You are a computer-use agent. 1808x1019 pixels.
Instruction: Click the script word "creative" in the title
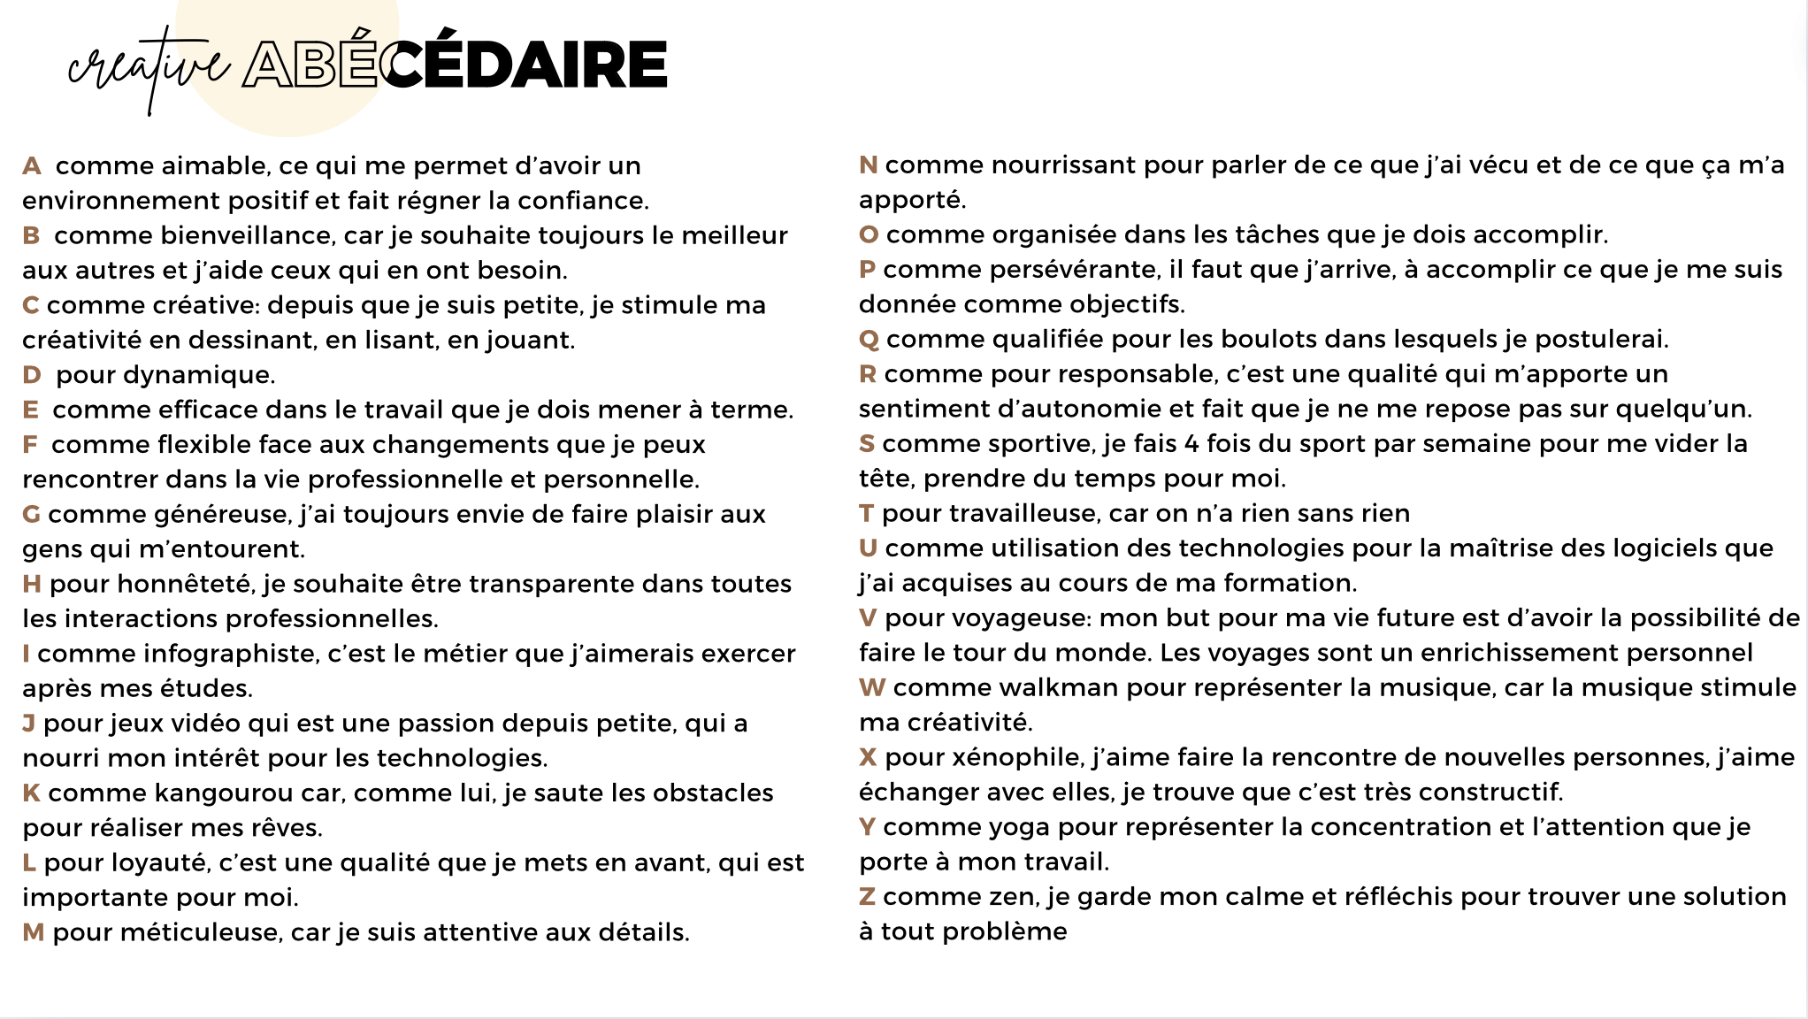pyautogui.click(x=149, y=67)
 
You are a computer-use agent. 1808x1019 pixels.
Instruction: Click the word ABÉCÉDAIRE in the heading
pyautogui.click(x=456, y=64)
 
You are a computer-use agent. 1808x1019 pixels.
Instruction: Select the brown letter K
pyautogui.click(x=31, y=793)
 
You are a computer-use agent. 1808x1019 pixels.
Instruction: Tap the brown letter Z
pyautogui.click(x=867, y=897)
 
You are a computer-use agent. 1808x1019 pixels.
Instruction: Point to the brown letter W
pyautogui.click(x=872, y=687)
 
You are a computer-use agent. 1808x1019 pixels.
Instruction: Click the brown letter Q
pyautogui.click(x=869, y=340)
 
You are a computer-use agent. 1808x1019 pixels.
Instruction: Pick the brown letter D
pyautogui.click(x=32, y=375)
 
